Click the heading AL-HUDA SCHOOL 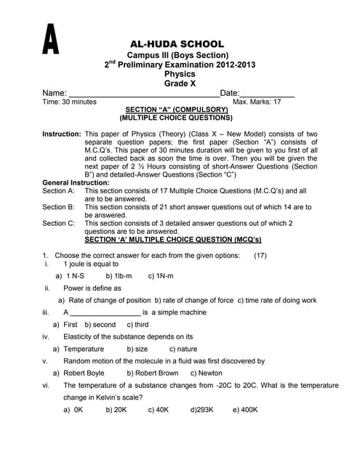click(179, 45)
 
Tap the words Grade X click(179, 84)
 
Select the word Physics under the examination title click(179, 74)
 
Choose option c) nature click(183, 349)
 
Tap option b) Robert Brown click(153, 373)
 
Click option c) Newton click(207, 373)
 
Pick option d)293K click(201, 409)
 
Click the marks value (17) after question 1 click(260, 256)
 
